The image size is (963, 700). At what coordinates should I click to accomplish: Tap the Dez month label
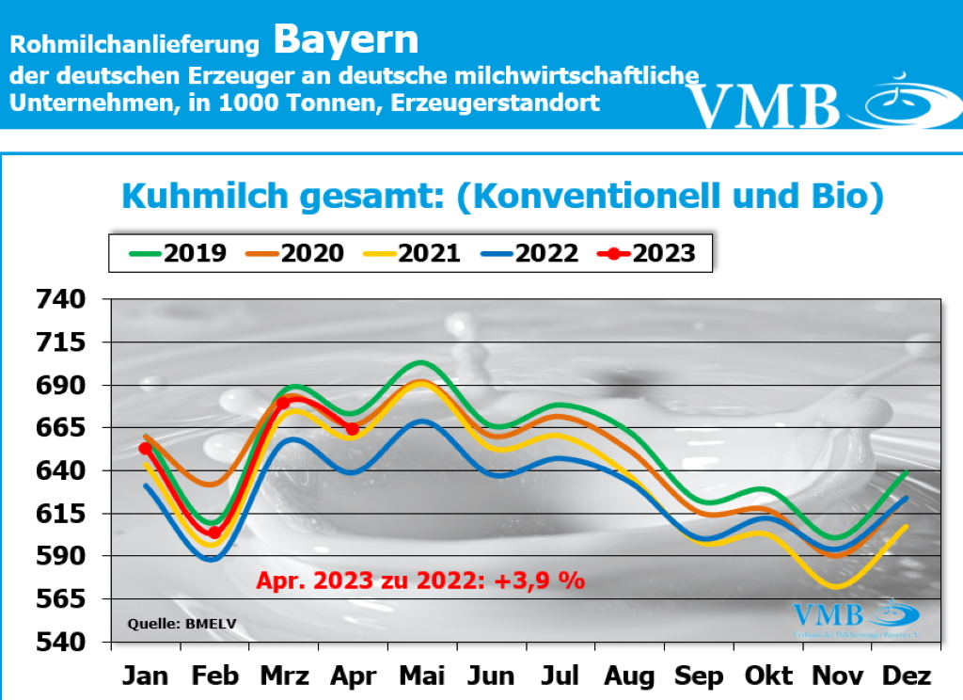click(x=907, y=676)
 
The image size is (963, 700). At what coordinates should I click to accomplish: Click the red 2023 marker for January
click(x=145, y=448)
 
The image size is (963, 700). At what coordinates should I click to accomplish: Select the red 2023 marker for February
click(x=214, y=533)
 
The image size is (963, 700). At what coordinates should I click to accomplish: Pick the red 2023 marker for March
click(x=283, y=403)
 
